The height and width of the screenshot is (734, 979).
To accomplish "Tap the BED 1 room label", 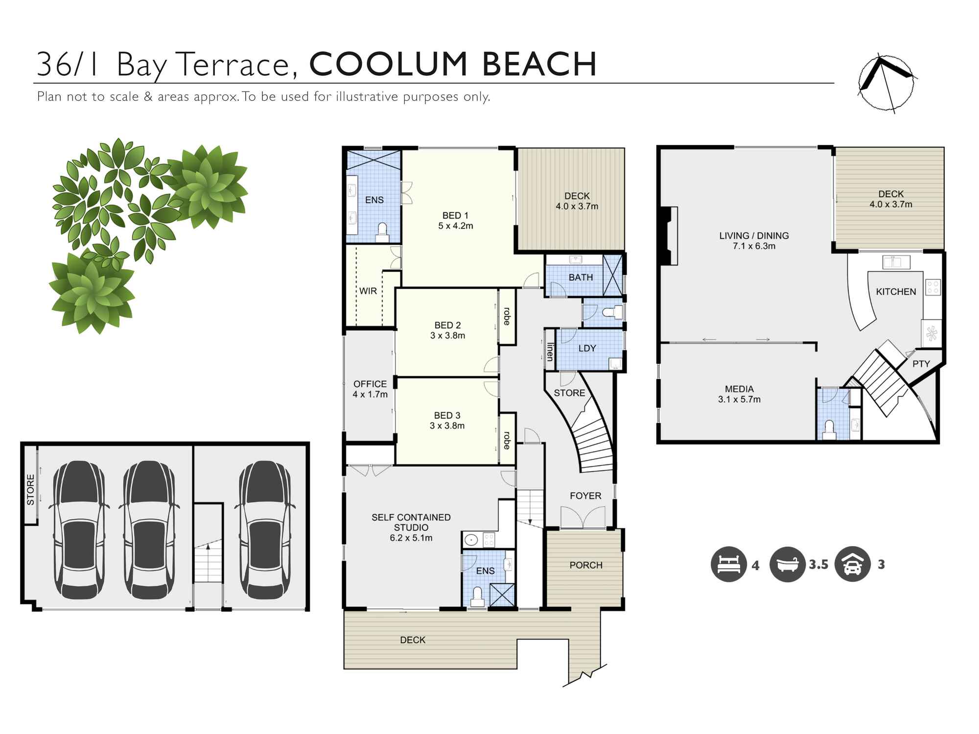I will coord(455,215).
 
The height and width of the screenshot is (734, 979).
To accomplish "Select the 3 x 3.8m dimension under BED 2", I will coord(447,336).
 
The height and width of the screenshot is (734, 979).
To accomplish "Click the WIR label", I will coord(368,291).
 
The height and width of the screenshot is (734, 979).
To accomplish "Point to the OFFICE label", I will coord(370,384).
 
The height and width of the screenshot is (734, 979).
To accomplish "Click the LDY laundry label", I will coord(587,348).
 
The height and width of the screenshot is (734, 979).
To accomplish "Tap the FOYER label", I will coord(585,496).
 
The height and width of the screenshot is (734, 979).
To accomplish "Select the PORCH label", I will coord(586,565).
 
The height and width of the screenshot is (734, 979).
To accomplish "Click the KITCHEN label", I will coord(896,292).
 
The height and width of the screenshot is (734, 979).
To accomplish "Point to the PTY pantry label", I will coord(921,364).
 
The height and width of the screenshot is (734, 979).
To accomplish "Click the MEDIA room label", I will coord(739,389).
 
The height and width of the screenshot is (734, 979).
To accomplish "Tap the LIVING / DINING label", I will coord(754,235).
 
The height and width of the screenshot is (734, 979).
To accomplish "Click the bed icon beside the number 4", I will coord(728,564).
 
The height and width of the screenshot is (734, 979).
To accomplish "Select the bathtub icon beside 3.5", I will coord(787,564).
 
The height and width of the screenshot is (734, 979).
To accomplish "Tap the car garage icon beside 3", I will coord(852,564).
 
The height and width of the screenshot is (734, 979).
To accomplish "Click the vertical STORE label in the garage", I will coord(31,489).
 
